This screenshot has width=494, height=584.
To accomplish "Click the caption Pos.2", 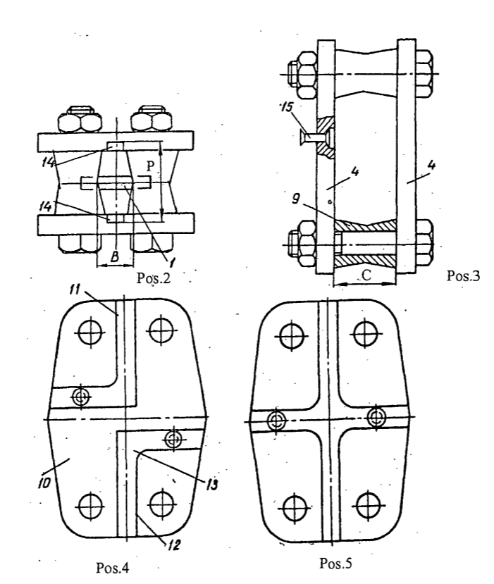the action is tap(154, 278).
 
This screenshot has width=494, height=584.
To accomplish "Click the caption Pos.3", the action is tap(463, 275).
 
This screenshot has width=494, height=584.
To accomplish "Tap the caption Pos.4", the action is tap(113, 568).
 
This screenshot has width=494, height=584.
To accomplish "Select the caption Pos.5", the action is tap(335, 563).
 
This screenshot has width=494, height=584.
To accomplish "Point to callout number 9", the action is tap(295, 199).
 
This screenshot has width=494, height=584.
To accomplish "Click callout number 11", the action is tap(75, 290).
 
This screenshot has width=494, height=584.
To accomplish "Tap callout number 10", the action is tap(44, 483).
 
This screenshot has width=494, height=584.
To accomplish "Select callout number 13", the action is tap(212, 484).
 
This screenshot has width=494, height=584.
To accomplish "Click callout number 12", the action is tap(174, 545).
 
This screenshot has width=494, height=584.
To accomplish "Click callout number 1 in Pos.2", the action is tap(172, 263).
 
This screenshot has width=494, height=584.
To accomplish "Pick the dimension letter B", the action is tap(115, 256).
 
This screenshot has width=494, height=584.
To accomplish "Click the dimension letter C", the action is tap(366, 275).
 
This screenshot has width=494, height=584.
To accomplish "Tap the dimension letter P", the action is tap(150, 166).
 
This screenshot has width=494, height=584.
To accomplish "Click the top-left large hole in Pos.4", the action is tap(90, 332).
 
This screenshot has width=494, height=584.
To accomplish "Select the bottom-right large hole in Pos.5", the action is tap(368, 505).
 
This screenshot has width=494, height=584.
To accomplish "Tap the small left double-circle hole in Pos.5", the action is tap(276, 421).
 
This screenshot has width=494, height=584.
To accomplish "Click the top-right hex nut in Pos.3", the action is tap(424, 74).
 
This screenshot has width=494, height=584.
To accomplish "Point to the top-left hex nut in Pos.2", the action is tap(80, 119).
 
